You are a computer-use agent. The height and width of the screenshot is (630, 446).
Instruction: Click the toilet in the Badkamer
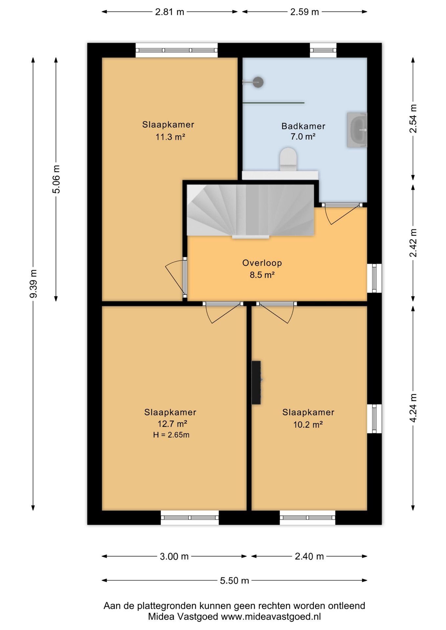[x=288, y=159]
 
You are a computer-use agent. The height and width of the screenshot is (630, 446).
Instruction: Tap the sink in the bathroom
[x=357, y=130]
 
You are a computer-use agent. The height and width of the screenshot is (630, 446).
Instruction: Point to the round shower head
[x=258, y=82]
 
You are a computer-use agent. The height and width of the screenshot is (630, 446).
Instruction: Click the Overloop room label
[x=262, y=263]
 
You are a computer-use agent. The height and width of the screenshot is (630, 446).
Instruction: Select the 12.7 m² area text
[x=172, y=424]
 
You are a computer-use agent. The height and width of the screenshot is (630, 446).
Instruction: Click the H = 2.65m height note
[x=171, y=435]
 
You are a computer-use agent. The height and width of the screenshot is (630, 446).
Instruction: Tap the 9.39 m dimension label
[x=33, y=283]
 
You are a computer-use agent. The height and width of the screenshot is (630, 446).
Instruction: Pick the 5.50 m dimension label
[x=234, y=580]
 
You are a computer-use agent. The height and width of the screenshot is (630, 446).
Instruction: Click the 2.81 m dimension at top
[x=169, y=12]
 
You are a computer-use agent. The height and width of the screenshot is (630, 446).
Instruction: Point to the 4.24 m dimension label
[x=413, y=408]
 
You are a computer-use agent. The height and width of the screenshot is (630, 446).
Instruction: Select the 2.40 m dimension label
[x=309, y=556]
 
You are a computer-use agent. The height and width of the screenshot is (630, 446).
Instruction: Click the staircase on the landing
[x=250, y=210]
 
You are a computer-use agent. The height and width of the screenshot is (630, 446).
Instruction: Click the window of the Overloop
[x=374, y=278]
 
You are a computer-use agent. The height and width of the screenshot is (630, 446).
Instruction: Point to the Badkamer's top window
[x=323, y=50]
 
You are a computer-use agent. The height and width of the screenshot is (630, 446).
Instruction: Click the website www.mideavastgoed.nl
[x=271, y=617]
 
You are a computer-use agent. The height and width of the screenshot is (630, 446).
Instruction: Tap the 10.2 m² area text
[x=308, y=425]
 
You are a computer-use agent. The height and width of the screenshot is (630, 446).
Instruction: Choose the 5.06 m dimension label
[x=56, y=179]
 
